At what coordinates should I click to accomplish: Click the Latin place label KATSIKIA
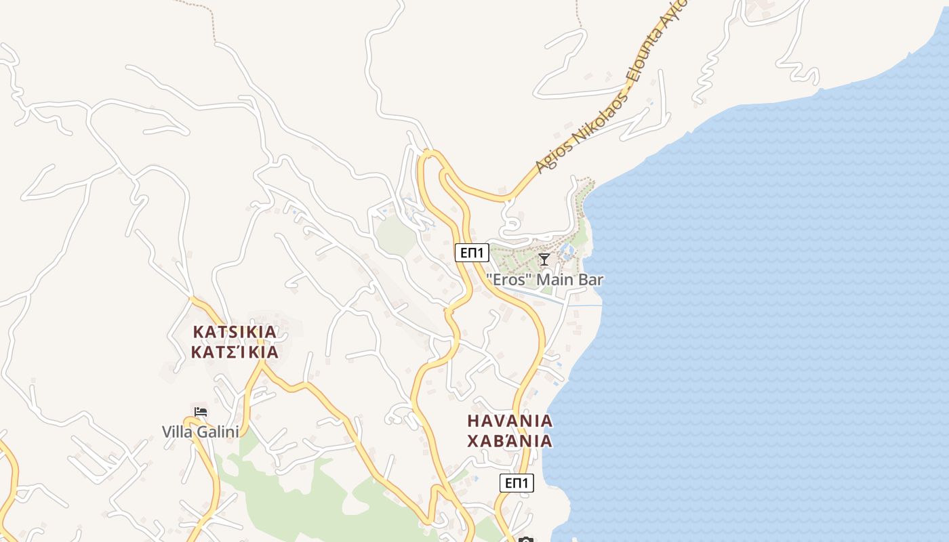pyautogui.click(x=235, y=332)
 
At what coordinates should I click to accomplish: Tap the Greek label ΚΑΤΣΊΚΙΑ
pyautogui.click(x=235, y=352)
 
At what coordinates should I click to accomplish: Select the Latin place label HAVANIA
pyautogui.click(x=510, y=421)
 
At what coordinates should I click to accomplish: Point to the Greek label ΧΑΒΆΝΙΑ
pyautogui.click(x=510, y=442)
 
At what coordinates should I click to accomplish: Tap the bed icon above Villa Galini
pyautogui.click(x=200, y=411)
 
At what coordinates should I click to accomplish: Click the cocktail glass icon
pyautogui.click(x=544, y=259)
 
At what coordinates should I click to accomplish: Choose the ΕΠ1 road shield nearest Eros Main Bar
pyautogui.click(x=472, y=253)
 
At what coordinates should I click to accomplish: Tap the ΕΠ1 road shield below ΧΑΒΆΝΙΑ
pyautogui.click(x=517, y=483)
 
